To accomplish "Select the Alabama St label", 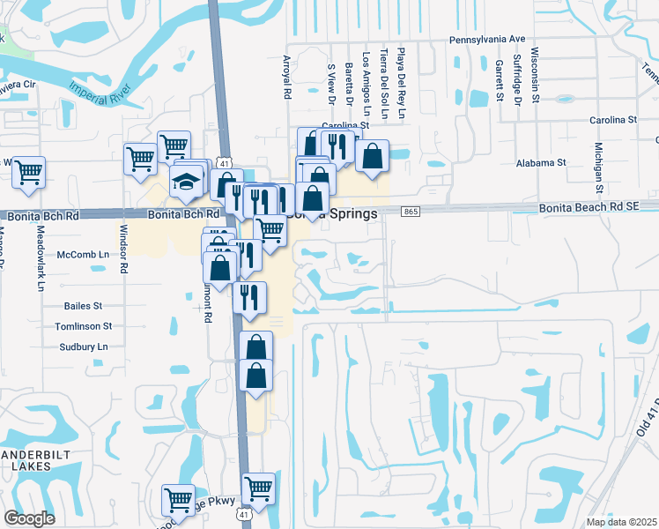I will pyautogui.click(x=541, y=163).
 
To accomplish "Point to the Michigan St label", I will pyautogui.click(x=598, y=168).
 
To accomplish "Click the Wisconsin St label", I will pyautogui.click(x=535, y=74).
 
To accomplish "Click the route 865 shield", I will pyautogui.click(x=411, y=212).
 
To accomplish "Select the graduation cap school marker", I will pyautogui.click(x=187, y=182).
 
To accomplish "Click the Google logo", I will pyautogui.click(x=29, y=518).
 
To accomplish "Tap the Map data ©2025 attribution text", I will pyautogui.click(x=620, y=522).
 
